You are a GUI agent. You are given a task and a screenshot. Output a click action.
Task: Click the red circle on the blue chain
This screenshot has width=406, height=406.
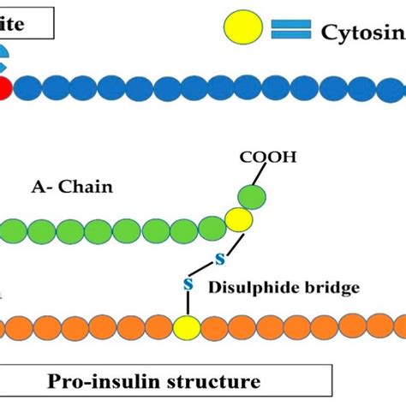coord(3,88)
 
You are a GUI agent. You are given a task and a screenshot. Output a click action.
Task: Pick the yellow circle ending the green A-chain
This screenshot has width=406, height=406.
coord(239,220)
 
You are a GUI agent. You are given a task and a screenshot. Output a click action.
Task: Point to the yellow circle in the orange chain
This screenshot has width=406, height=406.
coord(185,327)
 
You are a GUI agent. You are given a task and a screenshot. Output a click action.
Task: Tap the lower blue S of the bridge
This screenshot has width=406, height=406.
coord(188,282)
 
